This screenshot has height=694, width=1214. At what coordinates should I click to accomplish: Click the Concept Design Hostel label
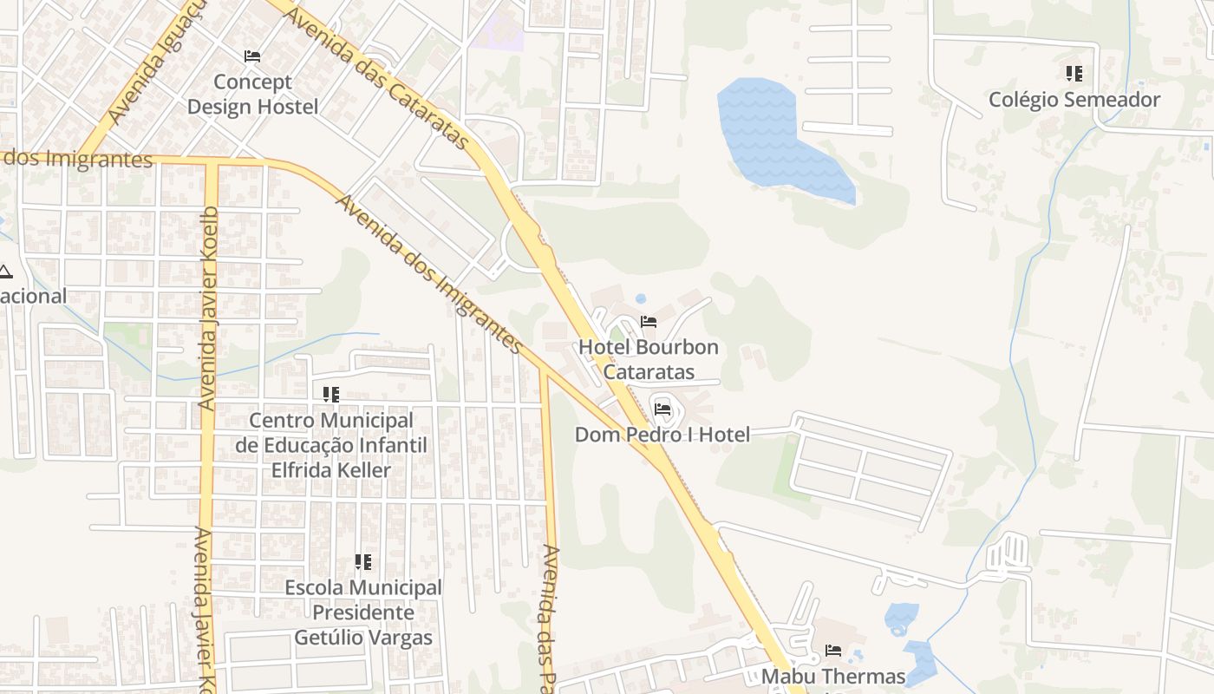coord(253,95)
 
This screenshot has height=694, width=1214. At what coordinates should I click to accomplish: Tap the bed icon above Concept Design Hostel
coord(252,56)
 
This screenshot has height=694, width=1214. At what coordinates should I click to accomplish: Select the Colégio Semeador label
coord(1074,100)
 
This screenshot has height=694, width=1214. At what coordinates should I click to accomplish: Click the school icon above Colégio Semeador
coord(1074,74)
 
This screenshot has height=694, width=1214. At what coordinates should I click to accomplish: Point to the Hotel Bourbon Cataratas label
coord(649,359)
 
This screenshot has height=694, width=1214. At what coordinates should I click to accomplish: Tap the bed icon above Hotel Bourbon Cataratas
coord(648,322)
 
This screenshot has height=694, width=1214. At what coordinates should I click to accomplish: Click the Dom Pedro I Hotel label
coord(662,434)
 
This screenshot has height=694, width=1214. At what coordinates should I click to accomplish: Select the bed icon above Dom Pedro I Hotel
coord(662,409)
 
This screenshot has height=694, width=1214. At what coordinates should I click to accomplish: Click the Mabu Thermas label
coord(833,676)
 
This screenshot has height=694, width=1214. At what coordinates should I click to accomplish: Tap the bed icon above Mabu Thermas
coord(833,650)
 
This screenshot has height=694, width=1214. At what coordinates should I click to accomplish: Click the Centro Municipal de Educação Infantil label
coord(331,445)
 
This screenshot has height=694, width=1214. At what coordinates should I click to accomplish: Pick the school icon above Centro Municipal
coord(330,395)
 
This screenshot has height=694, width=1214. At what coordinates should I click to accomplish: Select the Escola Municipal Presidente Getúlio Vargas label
coord(363,612)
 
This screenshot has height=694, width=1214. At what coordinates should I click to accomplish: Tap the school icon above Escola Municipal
coord(363,562)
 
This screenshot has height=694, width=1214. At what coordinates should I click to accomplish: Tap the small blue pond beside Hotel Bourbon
coord(641,299)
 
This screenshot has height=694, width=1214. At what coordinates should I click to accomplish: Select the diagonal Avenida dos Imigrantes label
coord(429,274)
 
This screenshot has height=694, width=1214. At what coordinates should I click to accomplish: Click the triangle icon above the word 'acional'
coord(5,272)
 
